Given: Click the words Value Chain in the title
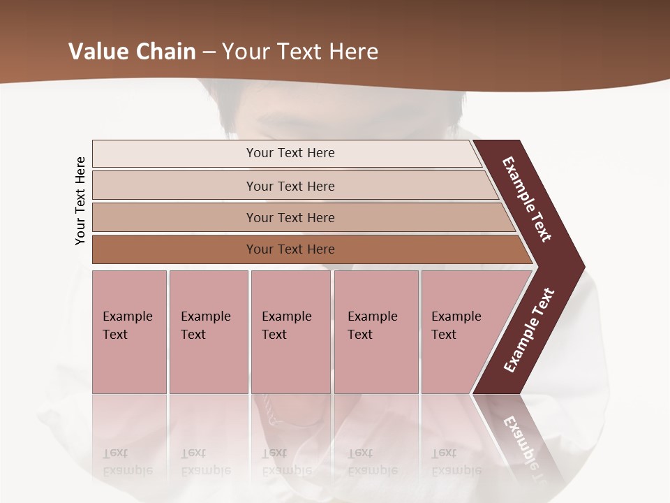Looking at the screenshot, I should point(132,52).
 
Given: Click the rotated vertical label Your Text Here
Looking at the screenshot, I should point(80,201).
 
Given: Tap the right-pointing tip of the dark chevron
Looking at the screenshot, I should point(576,266).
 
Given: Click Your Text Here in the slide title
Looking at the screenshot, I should point(300,52).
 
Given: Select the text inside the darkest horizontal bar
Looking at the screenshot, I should point(290,249).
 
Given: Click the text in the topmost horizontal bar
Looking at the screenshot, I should point(290,153).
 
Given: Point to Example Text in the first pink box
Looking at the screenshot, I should point(127,325).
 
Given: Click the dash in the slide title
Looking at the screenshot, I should point(209,52).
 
